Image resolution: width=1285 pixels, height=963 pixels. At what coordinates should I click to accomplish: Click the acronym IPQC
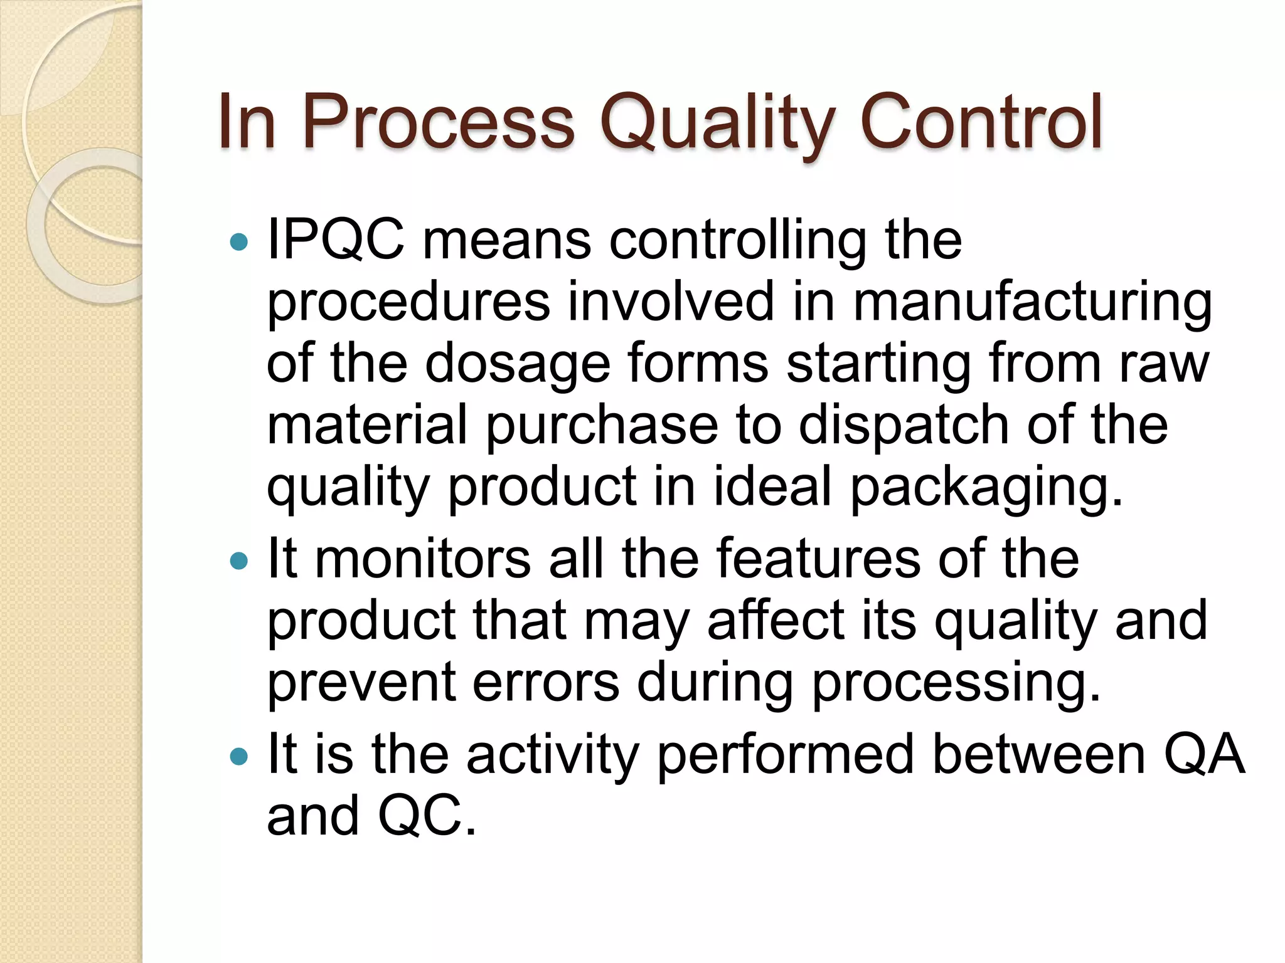(336, 240)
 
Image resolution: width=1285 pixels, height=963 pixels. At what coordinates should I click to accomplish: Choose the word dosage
(518, 364)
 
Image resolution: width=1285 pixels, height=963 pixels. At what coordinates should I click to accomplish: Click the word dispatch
(904, 426)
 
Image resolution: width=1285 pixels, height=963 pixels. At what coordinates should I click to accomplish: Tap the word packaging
(986, 487)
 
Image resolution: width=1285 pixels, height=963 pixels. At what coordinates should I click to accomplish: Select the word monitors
(422, 558)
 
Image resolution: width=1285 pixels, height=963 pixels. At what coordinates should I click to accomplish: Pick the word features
(818, 558)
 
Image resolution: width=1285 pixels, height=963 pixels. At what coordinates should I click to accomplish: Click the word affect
(776, 620)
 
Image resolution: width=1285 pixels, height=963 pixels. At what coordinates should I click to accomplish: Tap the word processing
(956, 683)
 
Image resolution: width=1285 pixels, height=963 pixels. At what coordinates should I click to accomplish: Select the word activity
(552, 755)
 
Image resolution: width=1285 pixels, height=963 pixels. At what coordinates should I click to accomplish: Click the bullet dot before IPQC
(239, 241)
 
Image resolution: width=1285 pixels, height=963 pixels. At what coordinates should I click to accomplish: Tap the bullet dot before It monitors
(239, 560)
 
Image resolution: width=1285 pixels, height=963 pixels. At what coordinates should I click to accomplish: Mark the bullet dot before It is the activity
(239, 756)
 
